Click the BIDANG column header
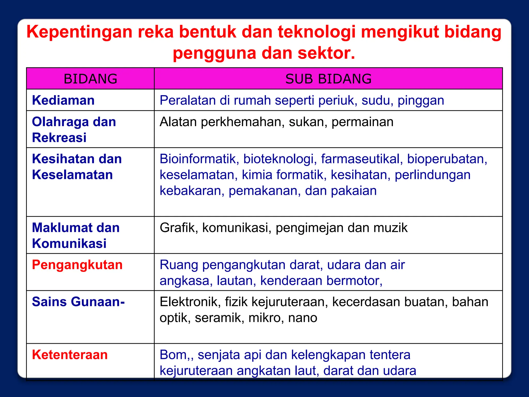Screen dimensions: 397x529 [x=90, y=79]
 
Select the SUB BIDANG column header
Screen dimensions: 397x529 [x=328, y=79]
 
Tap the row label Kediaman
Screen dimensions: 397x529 [x=63, y=100]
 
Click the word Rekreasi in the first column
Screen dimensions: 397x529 [x=59, y=138]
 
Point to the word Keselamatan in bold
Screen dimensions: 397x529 [x=72, y=175]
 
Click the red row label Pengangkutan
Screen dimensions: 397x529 [x=77, y=265]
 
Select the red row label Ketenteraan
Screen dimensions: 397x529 [x=70, y=355]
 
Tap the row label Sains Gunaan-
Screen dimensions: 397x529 [x=78, y=302]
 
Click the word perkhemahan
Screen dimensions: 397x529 [x=243, y=122]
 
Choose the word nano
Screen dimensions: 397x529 [x=302, y=318]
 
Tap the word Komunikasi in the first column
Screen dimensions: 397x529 [x=69, y=243]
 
